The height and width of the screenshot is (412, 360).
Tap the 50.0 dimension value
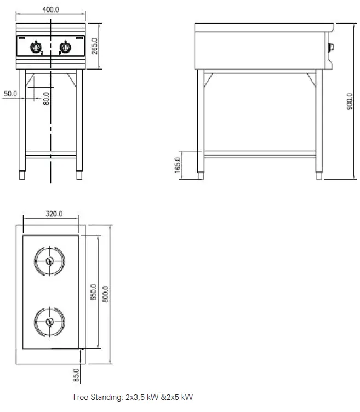click(10, 94)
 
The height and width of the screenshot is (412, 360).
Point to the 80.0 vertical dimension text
click(47, 99)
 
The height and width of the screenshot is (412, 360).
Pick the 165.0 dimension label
click(178, 165)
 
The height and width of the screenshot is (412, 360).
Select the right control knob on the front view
click(65, 48)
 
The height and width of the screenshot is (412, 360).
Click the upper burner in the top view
click(49, 261)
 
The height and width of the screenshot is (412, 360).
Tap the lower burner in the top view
click(49, 321)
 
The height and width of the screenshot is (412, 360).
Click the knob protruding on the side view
click(330, 48)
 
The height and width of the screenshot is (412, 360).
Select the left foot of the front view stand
click(22, 176)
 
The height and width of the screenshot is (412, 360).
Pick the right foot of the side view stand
click(319, 176)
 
